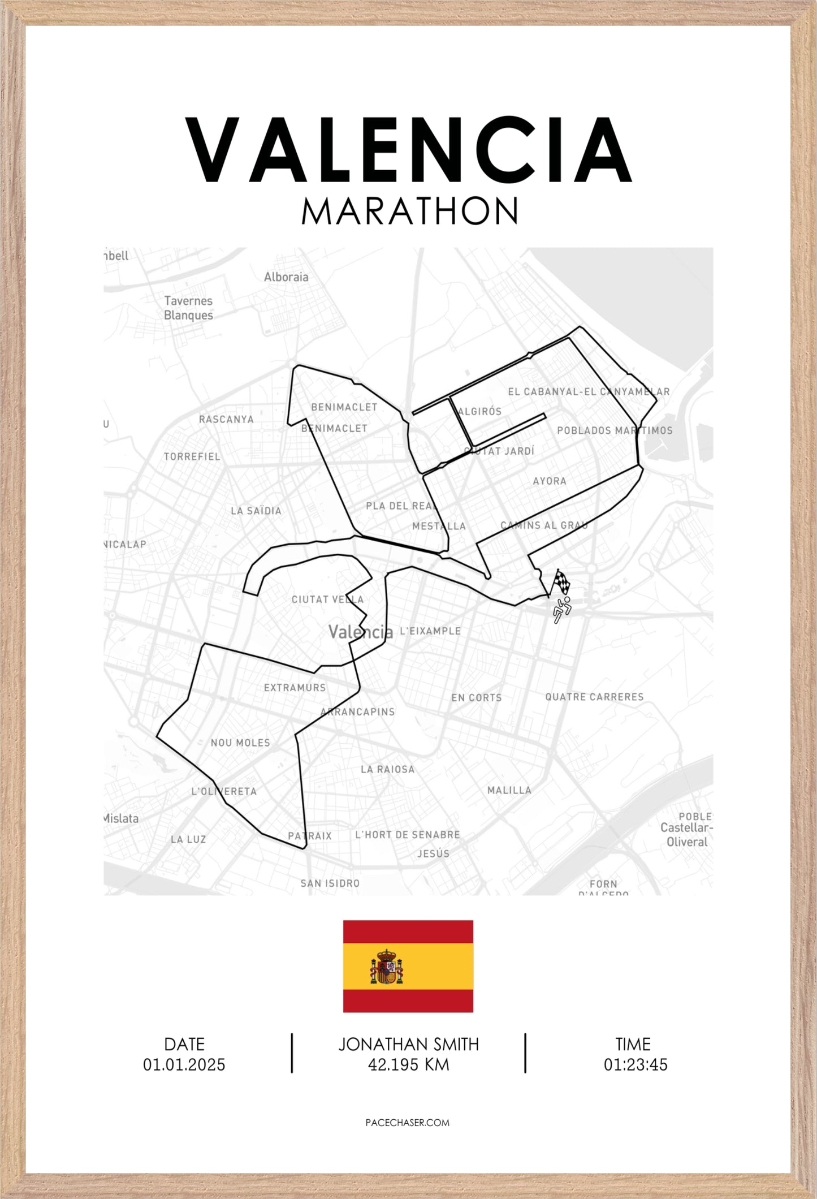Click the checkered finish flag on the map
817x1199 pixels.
click(x=561, y=582)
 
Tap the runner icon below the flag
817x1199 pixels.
click(x=561, y=610)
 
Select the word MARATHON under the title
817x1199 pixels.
click(x=409, y=212)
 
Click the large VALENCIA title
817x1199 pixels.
click(x=408, y=150)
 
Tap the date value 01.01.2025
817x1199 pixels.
click(x=184, y=1065)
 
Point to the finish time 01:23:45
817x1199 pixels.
click(x=635, y=1065)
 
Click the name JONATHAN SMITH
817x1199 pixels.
click(x=408, y=1044)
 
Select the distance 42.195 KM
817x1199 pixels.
click(x=408, y=1065)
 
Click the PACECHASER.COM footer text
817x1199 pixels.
click(x=408, y=1123)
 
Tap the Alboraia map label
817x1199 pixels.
click(x=286, y=277)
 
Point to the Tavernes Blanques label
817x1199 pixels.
click(x=188, y=308)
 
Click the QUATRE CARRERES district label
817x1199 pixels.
click(x=594, y=697)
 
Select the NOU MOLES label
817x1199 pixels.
click(x=240, y=743)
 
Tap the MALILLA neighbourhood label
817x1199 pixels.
click(x=509, y=790)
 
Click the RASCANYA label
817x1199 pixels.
click(x=226, y=419)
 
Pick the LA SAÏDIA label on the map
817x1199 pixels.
click(x=256, y=511)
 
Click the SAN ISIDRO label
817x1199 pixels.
click(x=330, y=883)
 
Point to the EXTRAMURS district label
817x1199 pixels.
click(x=295, y=688)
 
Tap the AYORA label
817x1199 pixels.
click(x=549, y=481)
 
